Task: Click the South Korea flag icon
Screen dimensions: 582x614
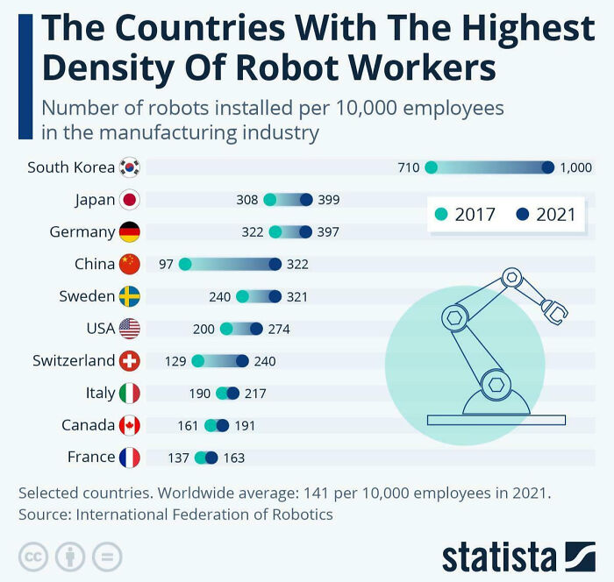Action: tap(129, 167)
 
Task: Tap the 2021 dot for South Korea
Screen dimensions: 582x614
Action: tap(548, 167)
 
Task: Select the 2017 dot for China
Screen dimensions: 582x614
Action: tap(185, 264)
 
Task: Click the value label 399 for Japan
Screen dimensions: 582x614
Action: tap(328, 200)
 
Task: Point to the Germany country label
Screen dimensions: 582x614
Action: tap(82, 232)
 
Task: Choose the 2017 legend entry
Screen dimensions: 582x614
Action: tap(465, 214)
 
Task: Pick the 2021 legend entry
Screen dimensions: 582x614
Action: tap(546, 214)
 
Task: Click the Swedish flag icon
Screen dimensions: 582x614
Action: tap(129, 296)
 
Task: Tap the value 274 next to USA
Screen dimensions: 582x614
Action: tap(279, 329)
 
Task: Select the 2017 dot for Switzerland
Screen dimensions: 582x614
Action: tap(197, 360)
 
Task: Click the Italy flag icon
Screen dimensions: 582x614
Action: tap(129, 393)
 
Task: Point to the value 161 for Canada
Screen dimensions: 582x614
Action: tap(188, 425)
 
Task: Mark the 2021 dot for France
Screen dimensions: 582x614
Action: tap(211, 457)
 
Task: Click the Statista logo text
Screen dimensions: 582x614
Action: tap(498, 557)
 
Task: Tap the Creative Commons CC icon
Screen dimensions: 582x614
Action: tap(32, 556)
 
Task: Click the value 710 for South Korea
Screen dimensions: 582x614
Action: tap(408, 167)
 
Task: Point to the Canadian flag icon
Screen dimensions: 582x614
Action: tap(129, 425)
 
